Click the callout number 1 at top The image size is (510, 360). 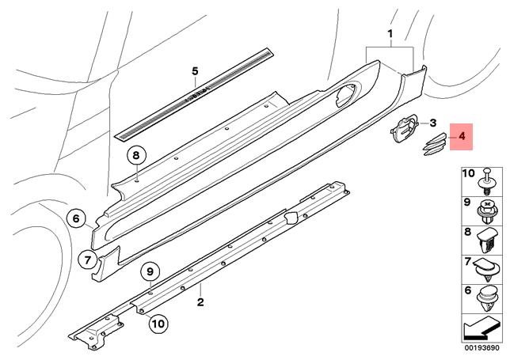pos(390,34)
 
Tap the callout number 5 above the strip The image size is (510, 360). pos(196,71)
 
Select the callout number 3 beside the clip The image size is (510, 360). pos(433,123)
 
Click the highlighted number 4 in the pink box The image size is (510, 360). pos(460,137)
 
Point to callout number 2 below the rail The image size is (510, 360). pos(201,301)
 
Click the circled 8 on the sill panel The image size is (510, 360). pos(136,155)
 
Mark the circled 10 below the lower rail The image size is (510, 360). pos(157,323)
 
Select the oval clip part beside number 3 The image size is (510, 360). pos(405,128)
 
